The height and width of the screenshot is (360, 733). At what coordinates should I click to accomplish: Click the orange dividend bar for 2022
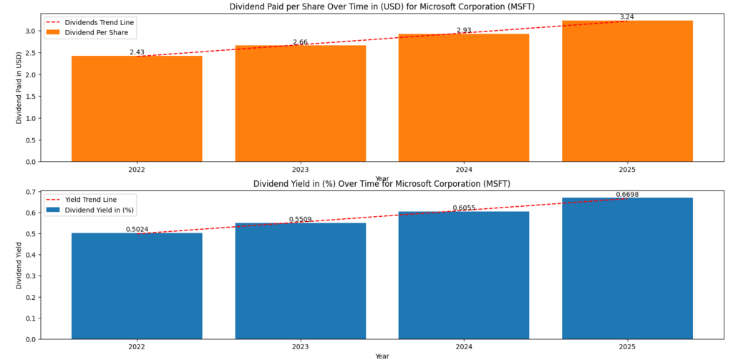[137, 108]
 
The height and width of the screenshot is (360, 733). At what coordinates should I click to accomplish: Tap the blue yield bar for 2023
[300, 281]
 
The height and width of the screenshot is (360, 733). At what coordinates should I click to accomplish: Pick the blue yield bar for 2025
[627, 268]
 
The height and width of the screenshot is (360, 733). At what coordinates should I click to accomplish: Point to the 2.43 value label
[137, 52]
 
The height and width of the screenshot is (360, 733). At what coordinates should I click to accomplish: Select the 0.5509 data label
[300, 220]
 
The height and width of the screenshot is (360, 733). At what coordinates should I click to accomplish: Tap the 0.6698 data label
[627, 195]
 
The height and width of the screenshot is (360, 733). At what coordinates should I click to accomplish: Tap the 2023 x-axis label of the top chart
[300, 170]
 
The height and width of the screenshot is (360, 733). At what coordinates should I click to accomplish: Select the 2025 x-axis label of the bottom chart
[627, 346]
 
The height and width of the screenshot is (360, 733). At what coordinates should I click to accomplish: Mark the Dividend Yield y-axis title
[19, 265]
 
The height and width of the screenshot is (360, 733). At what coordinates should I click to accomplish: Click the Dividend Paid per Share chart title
[382, 6]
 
